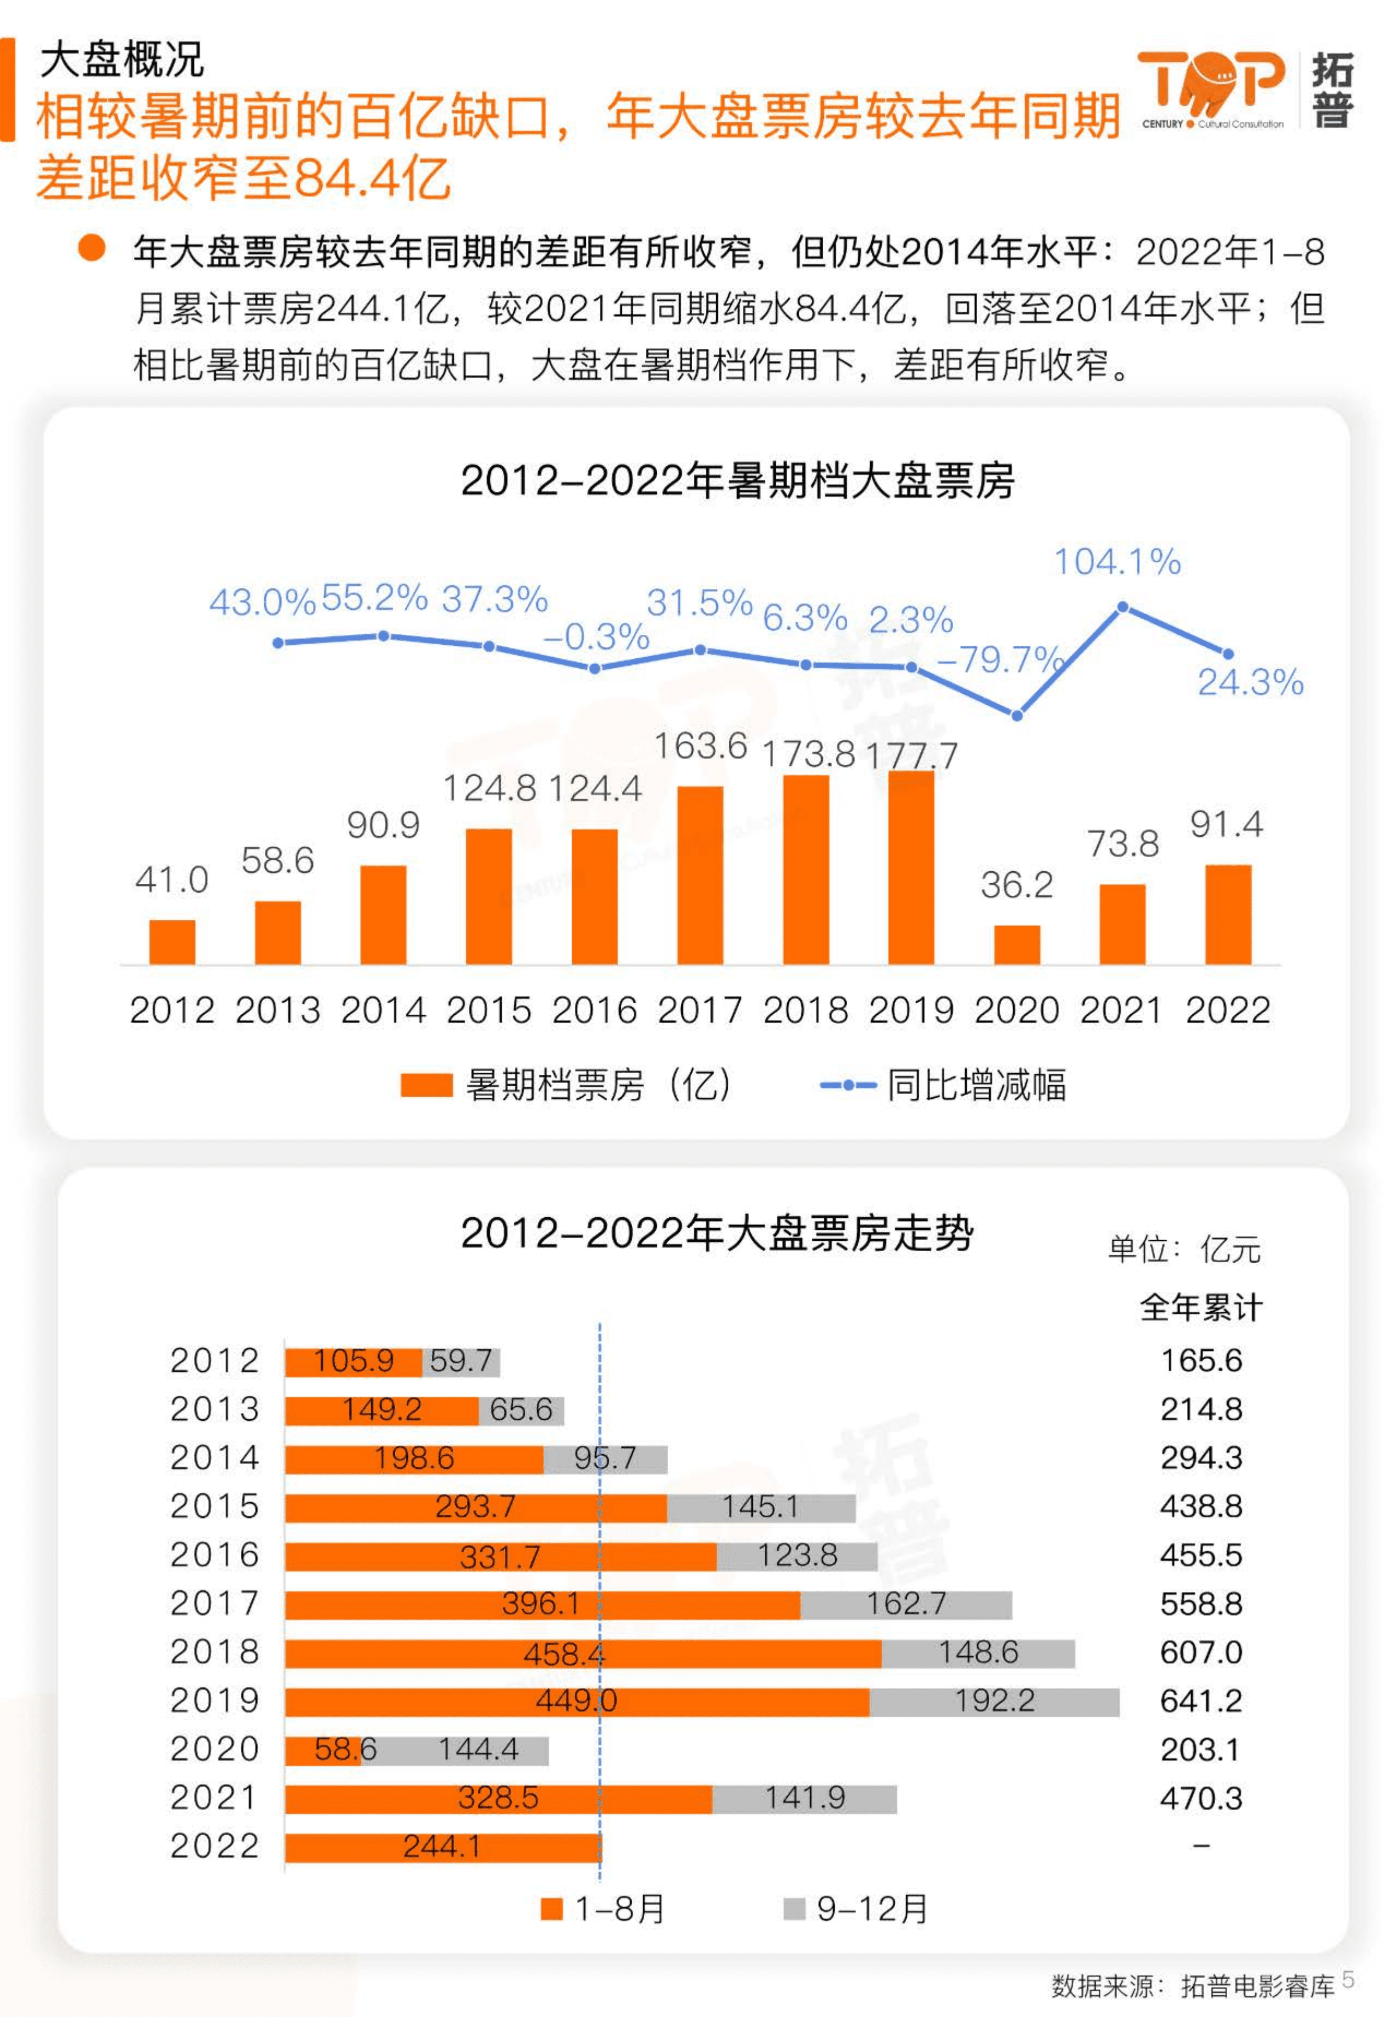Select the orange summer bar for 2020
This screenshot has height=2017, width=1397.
1016,944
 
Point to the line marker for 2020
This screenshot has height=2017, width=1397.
1016,716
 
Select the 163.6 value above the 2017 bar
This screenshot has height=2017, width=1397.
700,746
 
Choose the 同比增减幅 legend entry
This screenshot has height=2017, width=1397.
943,1085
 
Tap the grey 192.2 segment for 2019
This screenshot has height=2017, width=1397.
994,1701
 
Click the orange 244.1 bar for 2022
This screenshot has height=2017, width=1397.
442,1846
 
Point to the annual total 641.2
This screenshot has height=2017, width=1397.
1201,1701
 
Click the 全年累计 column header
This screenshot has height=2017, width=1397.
1201,1307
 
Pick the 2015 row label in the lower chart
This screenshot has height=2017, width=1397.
215,1506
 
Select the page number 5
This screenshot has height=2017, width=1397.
1348,1978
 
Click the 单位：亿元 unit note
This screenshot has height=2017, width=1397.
1184,1250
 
